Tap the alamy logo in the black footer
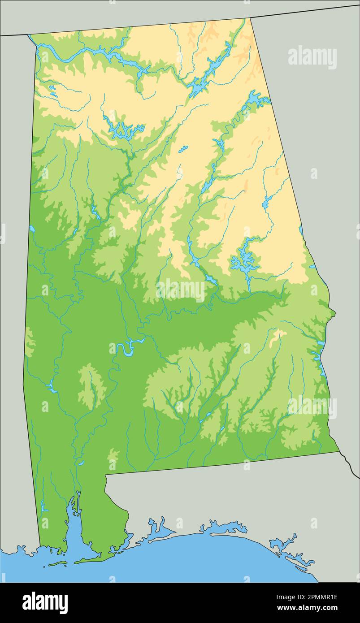[45, 602]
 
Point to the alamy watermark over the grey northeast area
[312, 57]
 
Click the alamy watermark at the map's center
[181, 290]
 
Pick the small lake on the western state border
[32, 229]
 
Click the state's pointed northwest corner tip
[29, 35]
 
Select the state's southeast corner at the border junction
[338, 451]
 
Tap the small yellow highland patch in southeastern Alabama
[278, 333]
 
